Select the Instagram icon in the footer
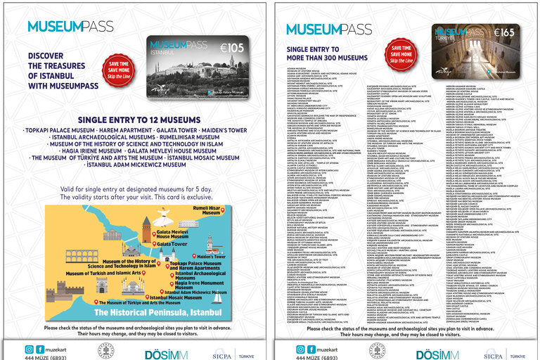[x=29, y=349]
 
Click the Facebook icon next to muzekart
[x=40, y=349]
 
